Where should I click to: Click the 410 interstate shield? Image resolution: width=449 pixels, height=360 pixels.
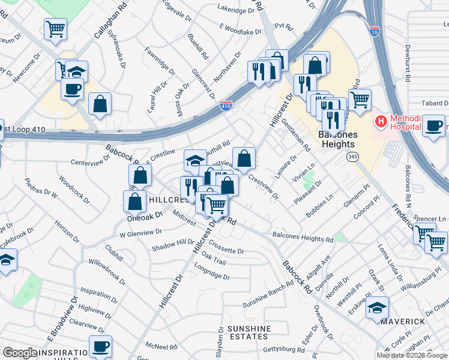(x=226, y=106)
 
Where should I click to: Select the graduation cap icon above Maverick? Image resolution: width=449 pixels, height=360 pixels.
(x=377, y=308)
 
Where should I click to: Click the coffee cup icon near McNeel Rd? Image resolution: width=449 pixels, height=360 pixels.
(x=101, y=347)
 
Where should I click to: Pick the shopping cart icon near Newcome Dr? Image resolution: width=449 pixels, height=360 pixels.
(x=55, y=28)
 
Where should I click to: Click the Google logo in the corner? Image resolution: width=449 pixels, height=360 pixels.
(x=20, y=353)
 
